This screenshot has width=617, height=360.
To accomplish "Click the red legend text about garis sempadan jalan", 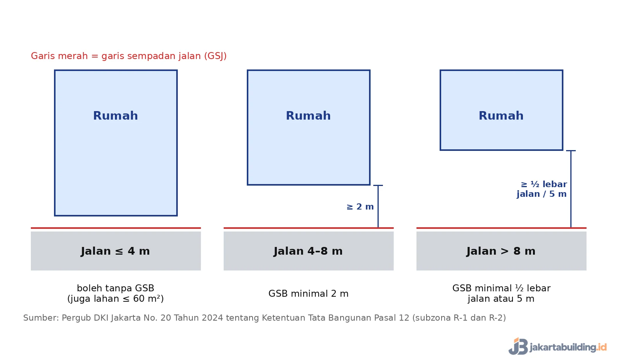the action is [129, 56].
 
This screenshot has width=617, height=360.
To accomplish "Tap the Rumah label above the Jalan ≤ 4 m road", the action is [115, 115].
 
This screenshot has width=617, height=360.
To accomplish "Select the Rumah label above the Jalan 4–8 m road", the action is [308, 115].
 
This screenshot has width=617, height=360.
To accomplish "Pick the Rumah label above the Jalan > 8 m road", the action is [501, 115].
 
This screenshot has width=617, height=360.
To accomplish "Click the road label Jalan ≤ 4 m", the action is [115, 251].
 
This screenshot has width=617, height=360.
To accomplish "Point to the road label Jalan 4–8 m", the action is [308, 251].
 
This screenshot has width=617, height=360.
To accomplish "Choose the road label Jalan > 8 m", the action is [501, 251].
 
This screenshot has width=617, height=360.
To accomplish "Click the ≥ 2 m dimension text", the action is [360, 206].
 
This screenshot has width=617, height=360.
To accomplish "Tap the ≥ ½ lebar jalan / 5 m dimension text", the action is [541, 189].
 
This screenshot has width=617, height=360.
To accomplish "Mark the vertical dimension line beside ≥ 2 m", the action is [378, 206].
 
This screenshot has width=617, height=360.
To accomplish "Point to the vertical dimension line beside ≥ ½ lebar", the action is [571, 189].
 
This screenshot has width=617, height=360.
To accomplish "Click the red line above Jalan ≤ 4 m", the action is [116, 228].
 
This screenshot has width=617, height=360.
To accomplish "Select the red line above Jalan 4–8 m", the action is [308, 228].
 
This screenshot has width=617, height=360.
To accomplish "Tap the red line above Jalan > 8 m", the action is [501, 228].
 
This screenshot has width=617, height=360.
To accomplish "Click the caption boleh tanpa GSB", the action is [115, 288].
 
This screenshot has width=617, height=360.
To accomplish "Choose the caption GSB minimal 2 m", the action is [308, 294].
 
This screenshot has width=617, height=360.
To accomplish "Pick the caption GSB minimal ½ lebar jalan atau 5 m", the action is [501, 293].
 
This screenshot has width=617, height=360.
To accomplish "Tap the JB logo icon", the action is [518, 346].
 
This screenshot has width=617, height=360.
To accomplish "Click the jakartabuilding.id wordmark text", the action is [568, 347].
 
